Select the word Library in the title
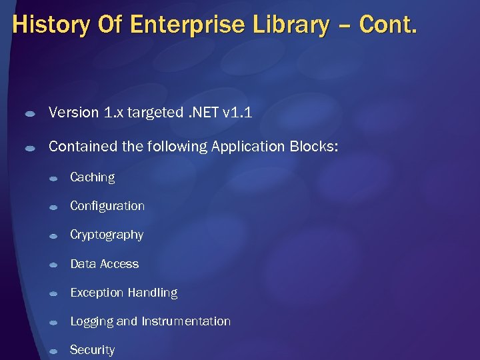(x=293, y=25)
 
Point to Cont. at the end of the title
(x=388, y=25)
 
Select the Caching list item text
(x=92, y=177)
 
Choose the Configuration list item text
(x=107, y=206)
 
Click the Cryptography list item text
(x=107, y=235)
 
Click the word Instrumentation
(x=186, y=321)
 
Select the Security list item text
(x=92, y=350)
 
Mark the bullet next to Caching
(x=53, y=179)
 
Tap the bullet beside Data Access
(x=53, y=265)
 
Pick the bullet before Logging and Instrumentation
(x=53, y=323)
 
